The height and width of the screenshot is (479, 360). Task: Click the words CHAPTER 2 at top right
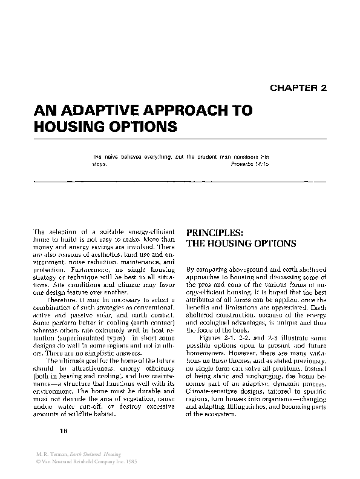[x=298, y=87]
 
